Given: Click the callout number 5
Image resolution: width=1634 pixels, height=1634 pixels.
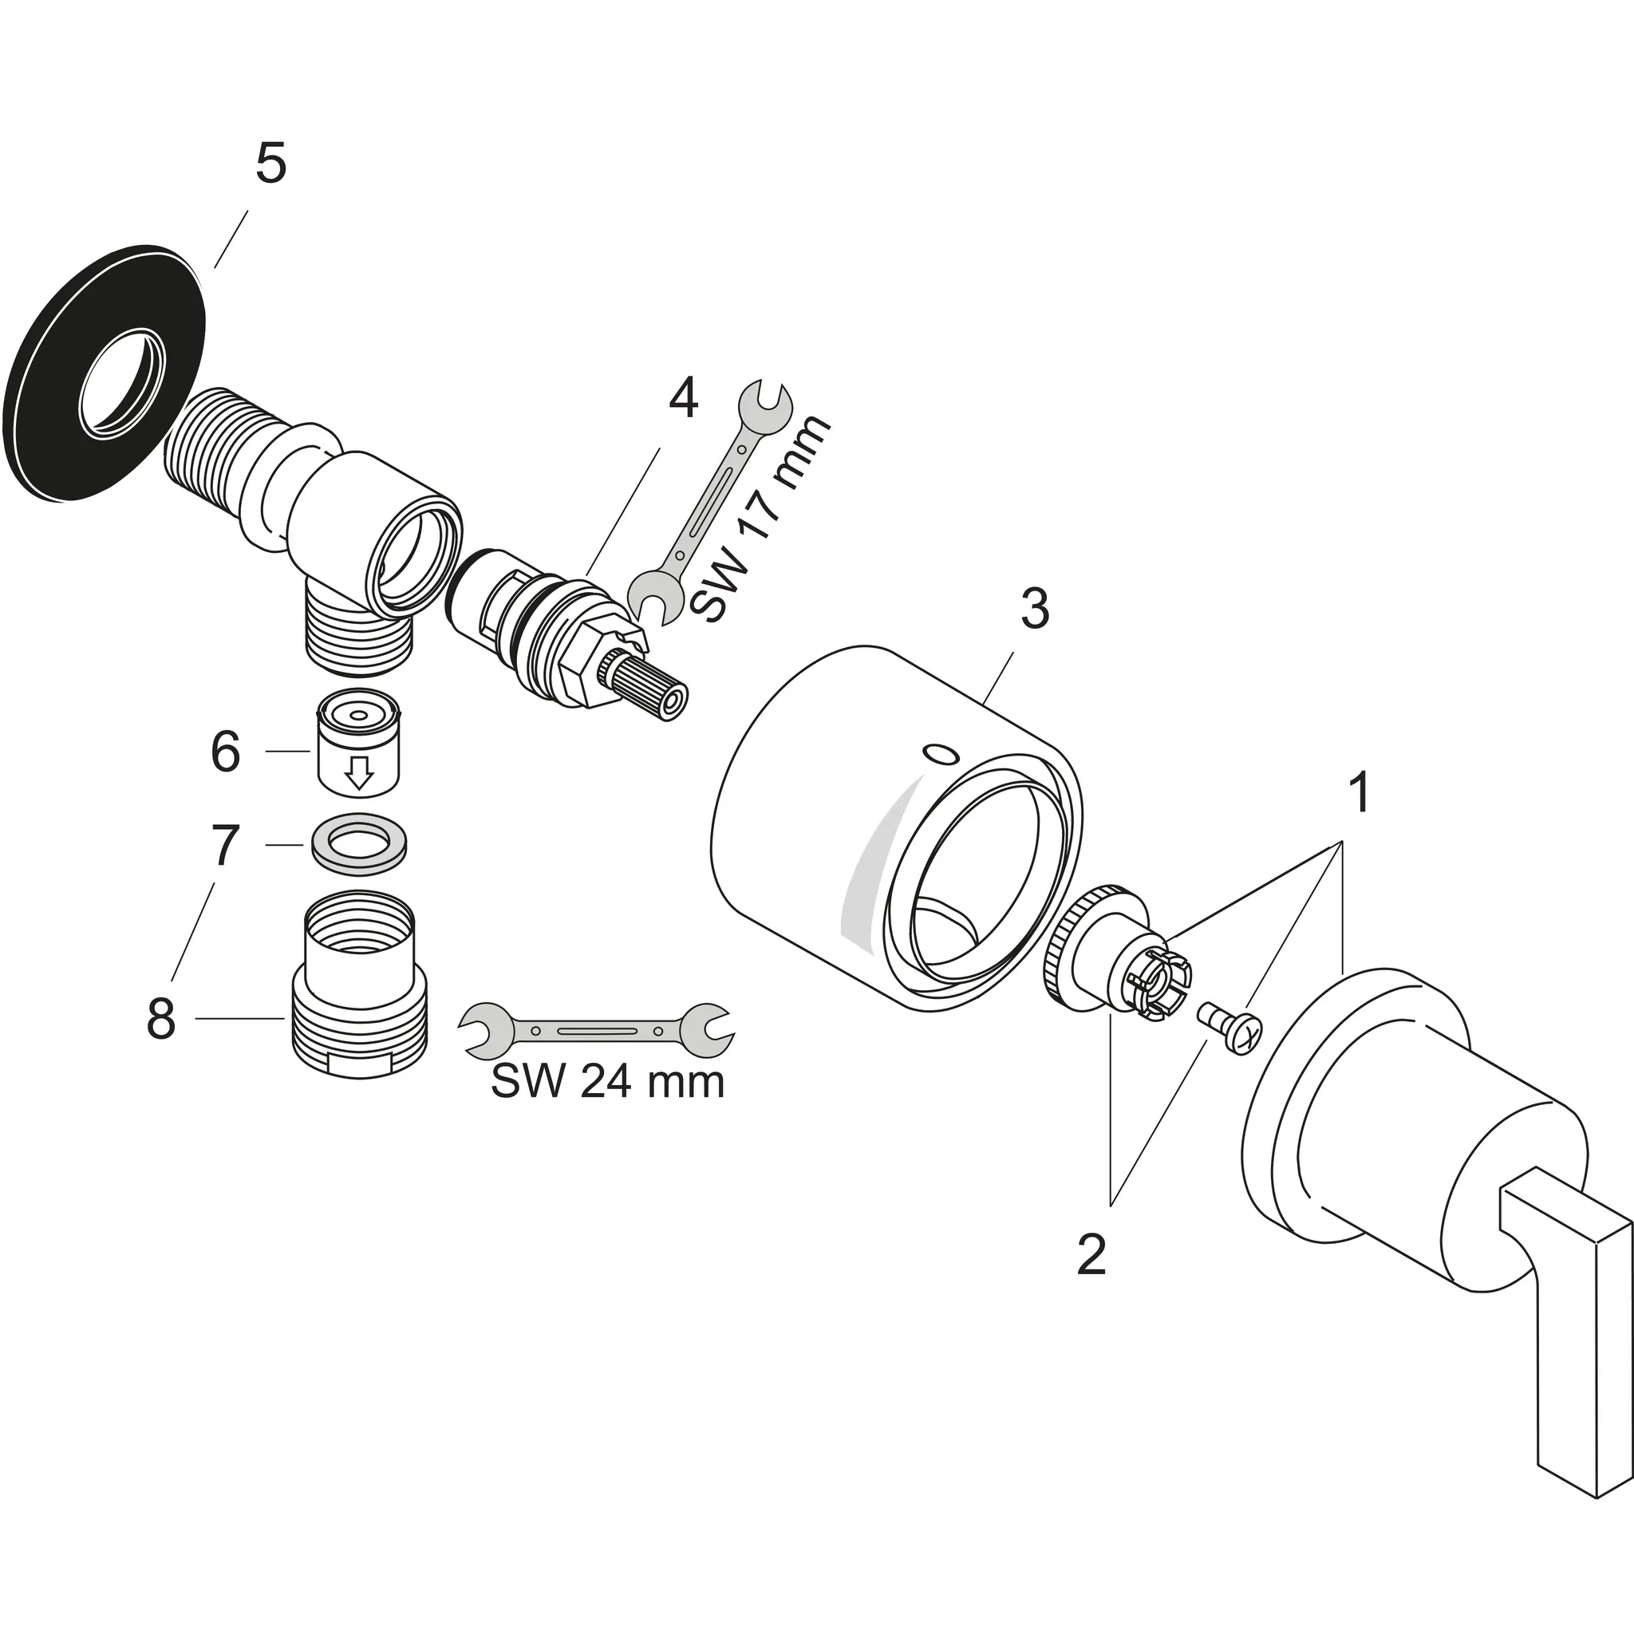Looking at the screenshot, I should pos(270,164).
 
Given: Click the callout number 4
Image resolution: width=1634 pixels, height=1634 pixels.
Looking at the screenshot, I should pos(684,397).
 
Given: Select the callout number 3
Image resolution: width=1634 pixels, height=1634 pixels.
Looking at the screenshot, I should pos(1034,609).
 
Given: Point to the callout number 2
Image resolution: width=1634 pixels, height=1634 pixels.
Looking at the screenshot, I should pos(1091,1255).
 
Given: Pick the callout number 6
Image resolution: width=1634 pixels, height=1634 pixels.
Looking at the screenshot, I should pos(225,751).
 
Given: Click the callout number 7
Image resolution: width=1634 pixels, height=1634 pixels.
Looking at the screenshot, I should pos(224,845).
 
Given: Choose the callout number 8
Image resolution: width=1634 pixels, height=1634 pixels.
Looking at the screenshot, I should pos(160,1018).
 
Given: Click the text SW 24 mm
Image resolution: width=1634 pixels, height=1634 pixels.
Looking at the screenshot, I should pos(607,1082).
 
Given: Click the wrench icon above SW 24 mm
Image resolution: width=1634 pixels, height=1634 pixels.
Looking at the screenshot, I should pos(596,1029).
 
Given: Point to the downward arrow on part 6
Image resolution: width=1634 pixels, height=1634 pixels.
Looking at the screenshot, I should pos(361,772).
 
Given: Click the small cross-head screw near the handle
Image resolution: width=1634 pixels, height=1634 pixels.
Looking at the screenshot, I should pos(1232,1027).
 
